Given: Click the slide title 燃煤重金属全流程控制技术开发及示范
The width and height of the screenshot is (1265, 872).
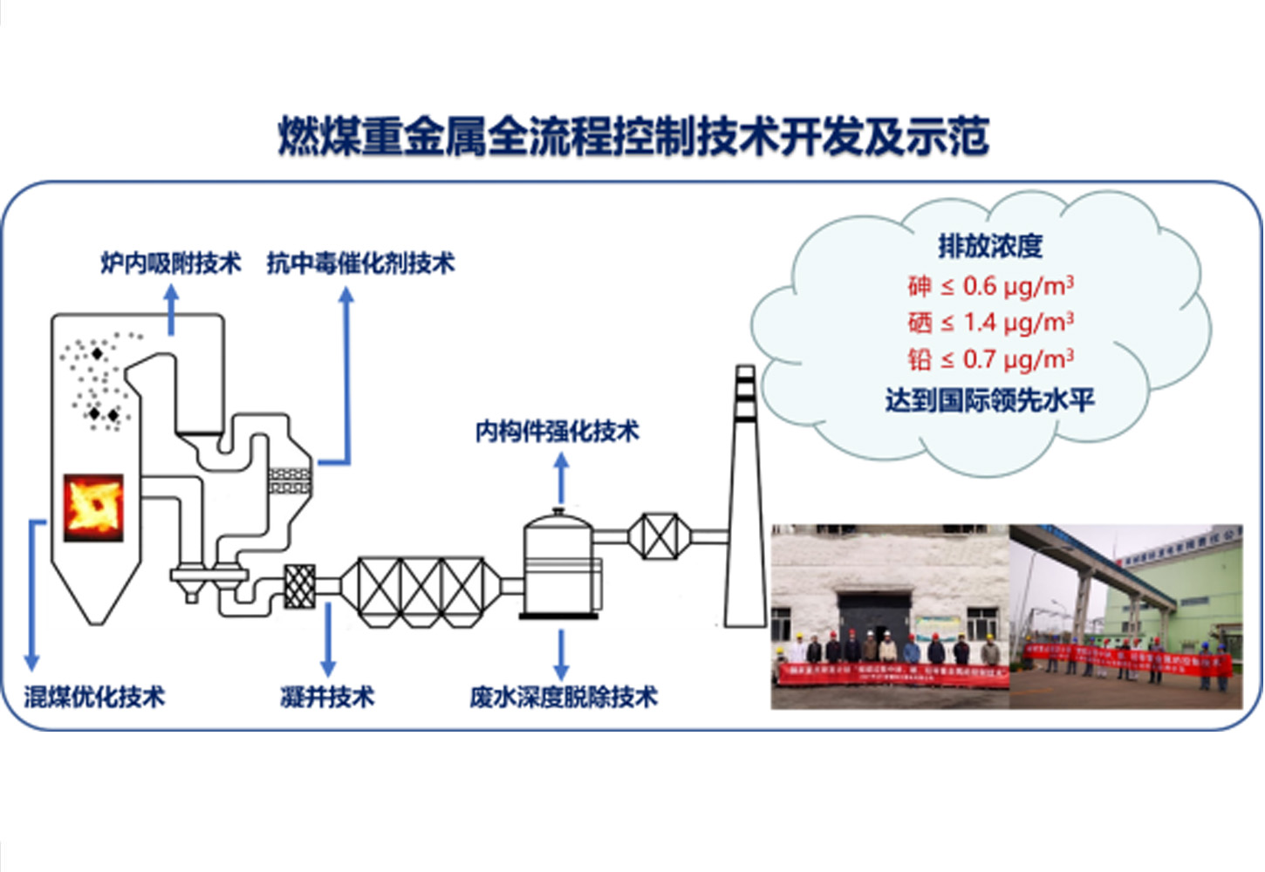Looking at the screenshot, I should (x=632, y=137).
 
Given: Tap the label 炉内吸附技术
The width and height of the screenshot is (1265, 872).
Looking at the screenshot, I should (x=170, y=262).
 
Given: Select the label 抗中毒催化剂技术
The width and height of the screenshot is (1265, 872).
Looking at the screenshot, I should (x=360, y=262).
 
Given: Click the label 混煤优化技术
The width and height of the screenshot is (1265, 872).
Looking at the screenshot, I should (x=93, y=697).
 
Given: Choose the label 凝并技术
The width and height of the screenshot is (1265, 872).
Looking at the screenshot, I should (x=327, y=697).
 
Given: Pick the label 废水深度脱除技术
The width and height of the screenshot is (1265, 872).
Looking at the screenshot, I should (x=563, y=697).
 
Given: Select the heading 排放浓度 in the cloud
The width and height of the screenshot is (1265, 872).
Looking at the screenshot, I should (x=990, y=246).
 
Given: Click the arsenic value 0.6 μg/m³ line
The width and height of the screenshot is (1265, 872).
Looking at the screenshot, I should (x=990, y=285).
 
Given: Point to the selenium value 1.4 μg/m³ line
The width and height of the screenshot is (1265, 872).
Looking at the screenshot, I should (x=990, y=323).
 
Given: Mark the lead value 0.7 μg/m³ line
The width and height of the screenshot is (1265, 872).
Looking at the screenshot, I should (x=990, y=359).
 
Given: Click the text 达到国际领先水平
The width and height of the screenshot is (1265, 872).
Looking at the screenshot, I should (x=989, y=400).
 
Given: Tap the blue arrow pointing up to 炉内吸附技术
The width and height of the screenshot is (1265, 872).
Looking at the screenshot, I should (x=171, y=310).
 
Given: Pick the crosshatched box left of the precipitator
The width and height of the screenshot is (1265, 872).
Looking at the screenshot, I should (x=299, y=586).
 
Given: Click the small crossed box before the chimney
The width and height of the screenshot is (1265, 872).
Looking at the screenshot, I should (x=660, y=536).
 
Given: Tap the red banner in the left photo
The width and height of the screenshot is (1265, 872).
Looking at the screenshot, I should (x=892, y=674).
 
